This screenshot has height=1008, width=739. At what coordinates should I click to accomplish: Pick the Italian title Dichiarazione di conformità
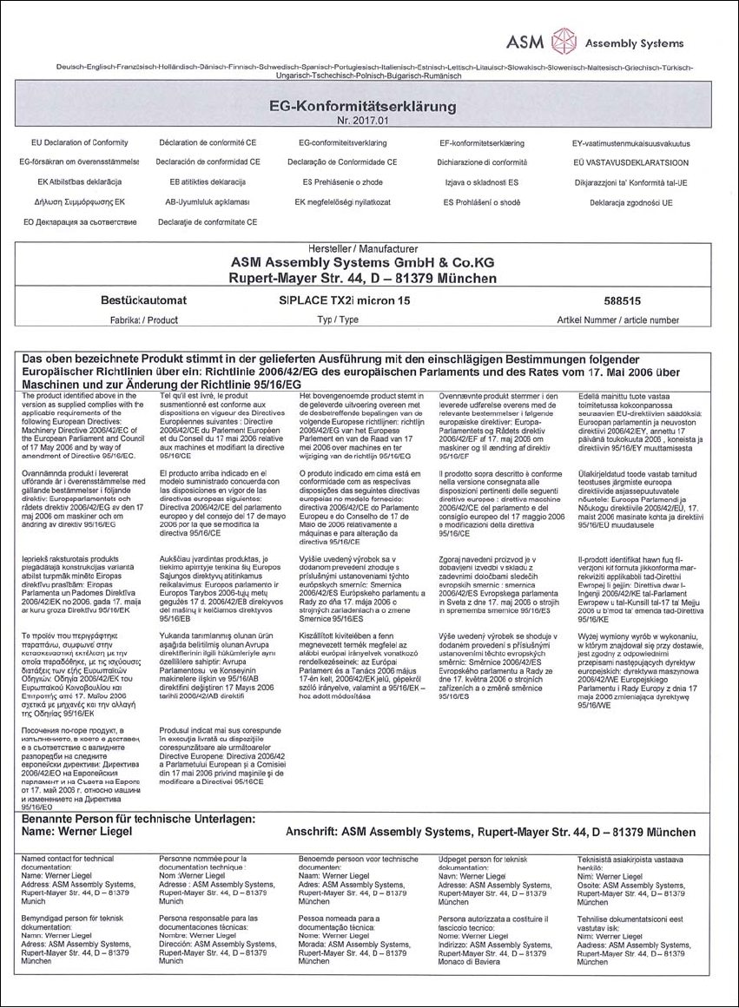click(495, 162)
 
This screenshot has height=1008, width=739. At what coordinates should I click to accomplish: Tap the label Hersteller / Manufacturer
click(363, 249)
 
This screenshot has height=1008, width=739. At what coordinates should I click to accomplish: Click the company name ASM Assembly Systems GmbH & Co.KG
click(363, 263)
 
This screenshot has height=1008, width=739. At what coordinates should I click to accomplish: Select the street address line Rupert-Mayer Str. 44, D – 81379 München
click(363, 279)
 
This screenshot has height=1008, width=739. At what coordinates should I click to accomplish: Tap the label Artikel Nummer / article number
click(618, 320)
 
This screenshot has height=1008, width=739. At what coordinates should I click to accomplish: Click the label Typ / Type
click(338, 320)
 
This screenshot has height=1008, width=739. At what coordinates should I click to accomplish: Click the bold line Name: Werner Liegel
click(78, 831)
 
